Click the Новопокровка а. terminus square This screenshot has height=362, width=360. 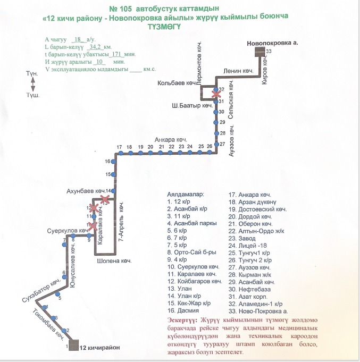pos(259,52)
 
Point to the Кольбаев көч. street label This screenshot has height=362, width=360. pos(177,83)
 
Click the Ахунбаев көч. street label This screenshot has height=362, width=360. pos(86,190)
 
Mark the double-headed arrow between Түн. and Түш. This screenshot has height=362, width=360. pos(33,84)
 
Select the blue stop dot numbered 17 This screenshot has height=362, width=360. pos(121,153)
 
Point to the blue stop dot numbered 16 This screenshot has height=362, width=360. pos(113,161)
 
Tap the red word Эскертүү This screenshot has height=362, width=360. pos(181,320)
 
